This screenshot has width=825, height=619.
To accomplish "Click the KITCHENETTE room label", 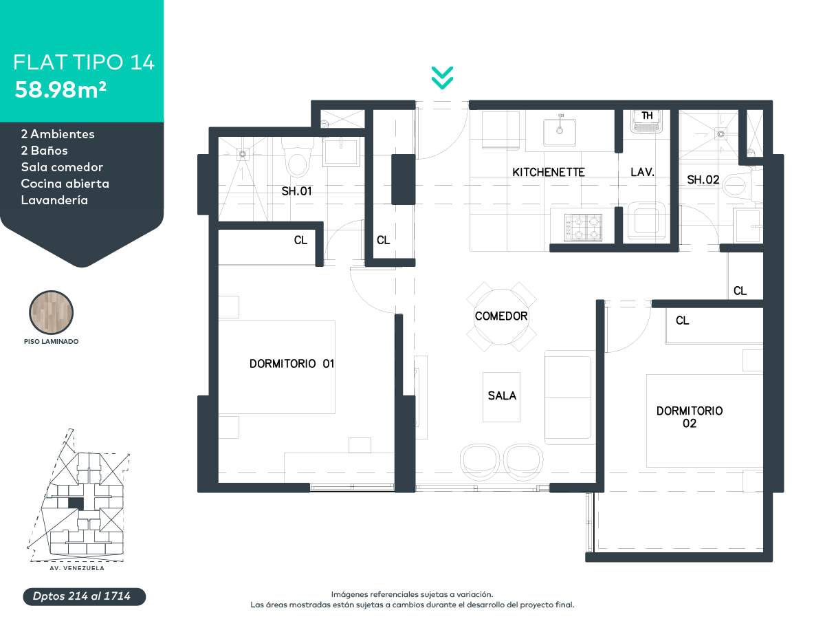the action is pos(549,172).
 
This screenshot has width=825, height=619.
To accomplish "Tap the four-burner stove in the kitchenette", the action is pos(583,228).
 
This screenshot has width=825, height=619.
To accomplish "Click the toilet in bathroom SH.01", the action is pos(297,158).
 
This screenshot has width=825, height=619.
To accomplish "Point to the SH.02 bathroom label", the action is pos(703,180).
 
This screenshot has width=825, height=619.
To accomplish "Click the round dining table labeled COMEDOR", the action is pos(501,316).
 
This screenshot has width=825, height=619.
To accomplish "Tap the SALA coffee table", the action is pos(501,397).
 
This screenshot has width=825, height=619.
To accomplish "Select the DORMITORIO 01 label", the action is pos(291,363).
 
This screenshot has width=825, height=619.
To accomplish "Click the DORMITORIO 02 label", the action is pos(690,417).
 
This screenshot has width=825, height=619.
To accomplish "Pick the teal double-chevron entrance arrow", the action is pos(442,78).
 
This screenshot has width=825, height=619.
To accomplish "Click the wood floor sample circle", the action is pos(51,312).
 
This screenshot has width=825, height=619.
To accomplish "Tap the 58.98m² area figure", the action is pos(60,90).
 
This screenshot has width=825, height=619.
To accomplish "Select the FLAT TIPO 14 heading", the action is pos(84,62).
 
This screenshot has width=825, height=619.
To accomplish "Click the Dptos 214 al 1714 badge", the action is pos(84,596).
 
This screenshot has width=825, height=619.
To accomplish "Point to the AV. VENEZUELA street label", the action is pos(77,568).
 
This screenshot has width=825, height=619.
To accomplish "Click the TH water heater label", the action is pos(647,116).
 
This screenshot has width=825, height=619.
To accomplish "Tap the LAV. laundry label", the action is pos(642,172).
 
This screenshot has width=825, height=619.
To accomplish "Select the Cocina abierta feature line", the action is pos(65,184).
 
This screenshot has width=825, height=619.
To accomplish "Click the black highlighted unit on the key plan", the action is pos(76,503).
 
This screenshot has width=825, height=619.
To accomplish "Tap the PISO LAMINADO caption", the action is pos(51,341).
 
